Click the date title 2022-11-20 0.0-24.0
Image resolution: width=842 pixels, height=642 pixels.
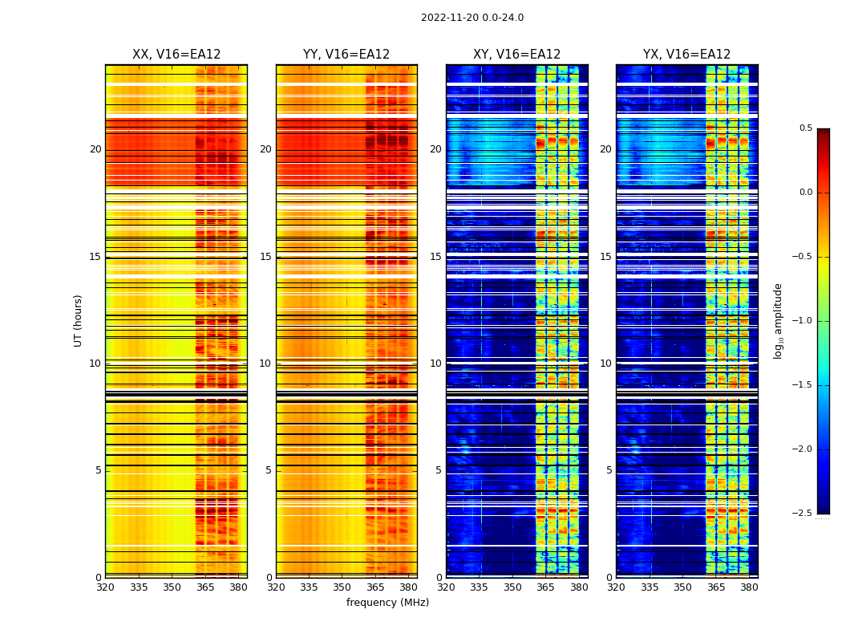click(x=472, y=18)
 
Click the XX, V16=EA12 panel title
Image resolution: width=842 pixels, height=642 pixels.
click(x=176, y=55)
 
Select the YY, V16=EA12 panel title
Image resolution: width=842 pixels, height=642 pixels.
click(x=346, y=55)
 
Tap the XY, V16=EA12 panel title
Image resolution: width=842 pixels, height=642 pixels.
click(x=516, y=55)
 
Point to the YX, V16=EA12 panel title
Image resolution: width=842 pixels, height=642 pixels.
click(x=686, y=55)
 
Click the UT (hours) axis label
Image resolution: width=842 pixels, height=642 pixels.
click(x=79, y=320)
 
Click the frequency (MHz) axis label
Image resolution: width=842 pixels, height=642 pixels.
click(x=387, y=603)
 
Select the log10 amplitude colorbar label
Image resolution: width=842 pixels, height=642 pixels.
click(x=778, y=320)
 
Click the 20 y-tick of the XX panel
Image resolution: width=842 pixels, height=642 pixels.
click(x=95, y=149)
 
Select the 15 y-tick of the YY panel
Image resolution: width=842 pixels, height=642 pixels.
click(x=265, y=257)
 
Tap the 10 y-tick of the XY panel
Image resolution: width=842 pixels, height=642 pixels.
click(x=435, y=364)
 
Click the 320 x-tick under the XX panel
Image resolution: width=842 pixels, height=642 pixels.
click(x=105, y=587)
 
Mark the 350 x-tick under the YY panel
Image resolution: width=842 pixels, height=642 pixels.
click(x=342, y=587)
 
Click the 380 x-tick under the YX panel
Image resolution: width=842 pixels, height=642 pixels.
click(x=749, y=587)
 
